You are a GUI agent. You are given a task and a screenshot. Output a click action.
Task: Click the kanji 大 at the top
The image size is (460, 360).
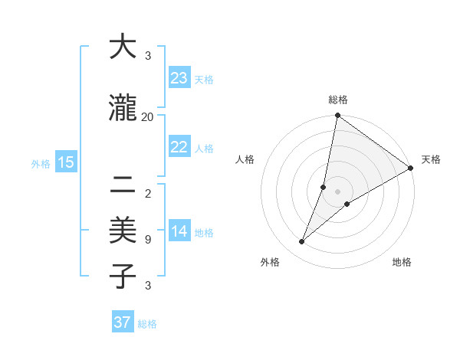123,47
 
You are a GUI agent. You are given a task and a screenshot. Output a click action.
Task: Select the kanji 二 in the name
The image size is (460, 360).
123,184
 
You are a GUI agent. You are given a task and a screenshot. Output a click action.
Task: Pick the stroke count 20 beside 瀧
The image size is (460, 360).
147,116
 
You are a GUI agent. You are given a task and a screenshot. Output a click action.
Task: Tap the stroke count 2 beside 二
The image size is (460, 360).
147,194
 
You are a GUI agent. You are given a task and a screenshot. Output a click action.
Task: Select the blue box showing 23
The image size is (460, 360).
179,78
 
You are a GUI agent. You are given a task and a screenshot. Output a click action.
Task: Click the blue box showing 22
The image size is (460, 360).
179,148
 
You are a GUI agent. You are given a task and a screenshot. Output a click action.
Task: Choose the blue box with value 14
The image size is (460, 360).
179,232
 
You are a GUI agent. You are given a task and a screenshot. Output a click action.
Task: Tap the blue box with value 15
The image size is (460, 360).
65,162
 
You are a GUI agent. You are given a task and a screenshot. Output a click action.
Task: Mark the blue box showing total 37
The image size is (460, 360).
122,322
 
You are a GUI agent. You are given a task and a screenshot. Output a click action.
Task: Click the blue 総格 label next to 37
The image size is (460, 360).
147,324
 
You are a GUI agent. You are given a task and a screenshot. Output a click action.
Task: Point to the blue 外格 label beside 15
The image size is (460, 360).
41,163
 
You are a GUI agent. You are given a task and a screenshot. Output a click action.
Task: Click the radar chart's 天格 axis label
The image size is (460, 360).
431,159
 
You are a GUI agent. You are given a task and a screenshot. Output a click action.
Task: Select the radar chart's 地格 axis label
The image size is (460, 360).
402,262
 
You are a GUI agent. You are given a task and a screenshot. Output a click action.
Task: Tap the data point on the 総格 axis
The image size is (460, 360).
337,116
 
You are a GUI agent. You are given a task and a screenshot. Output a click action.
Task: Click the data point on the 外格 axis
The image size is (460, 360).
301,242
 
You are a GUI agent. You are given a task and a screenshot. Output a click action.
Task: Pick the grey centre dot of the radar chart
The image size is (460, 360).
337,191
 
